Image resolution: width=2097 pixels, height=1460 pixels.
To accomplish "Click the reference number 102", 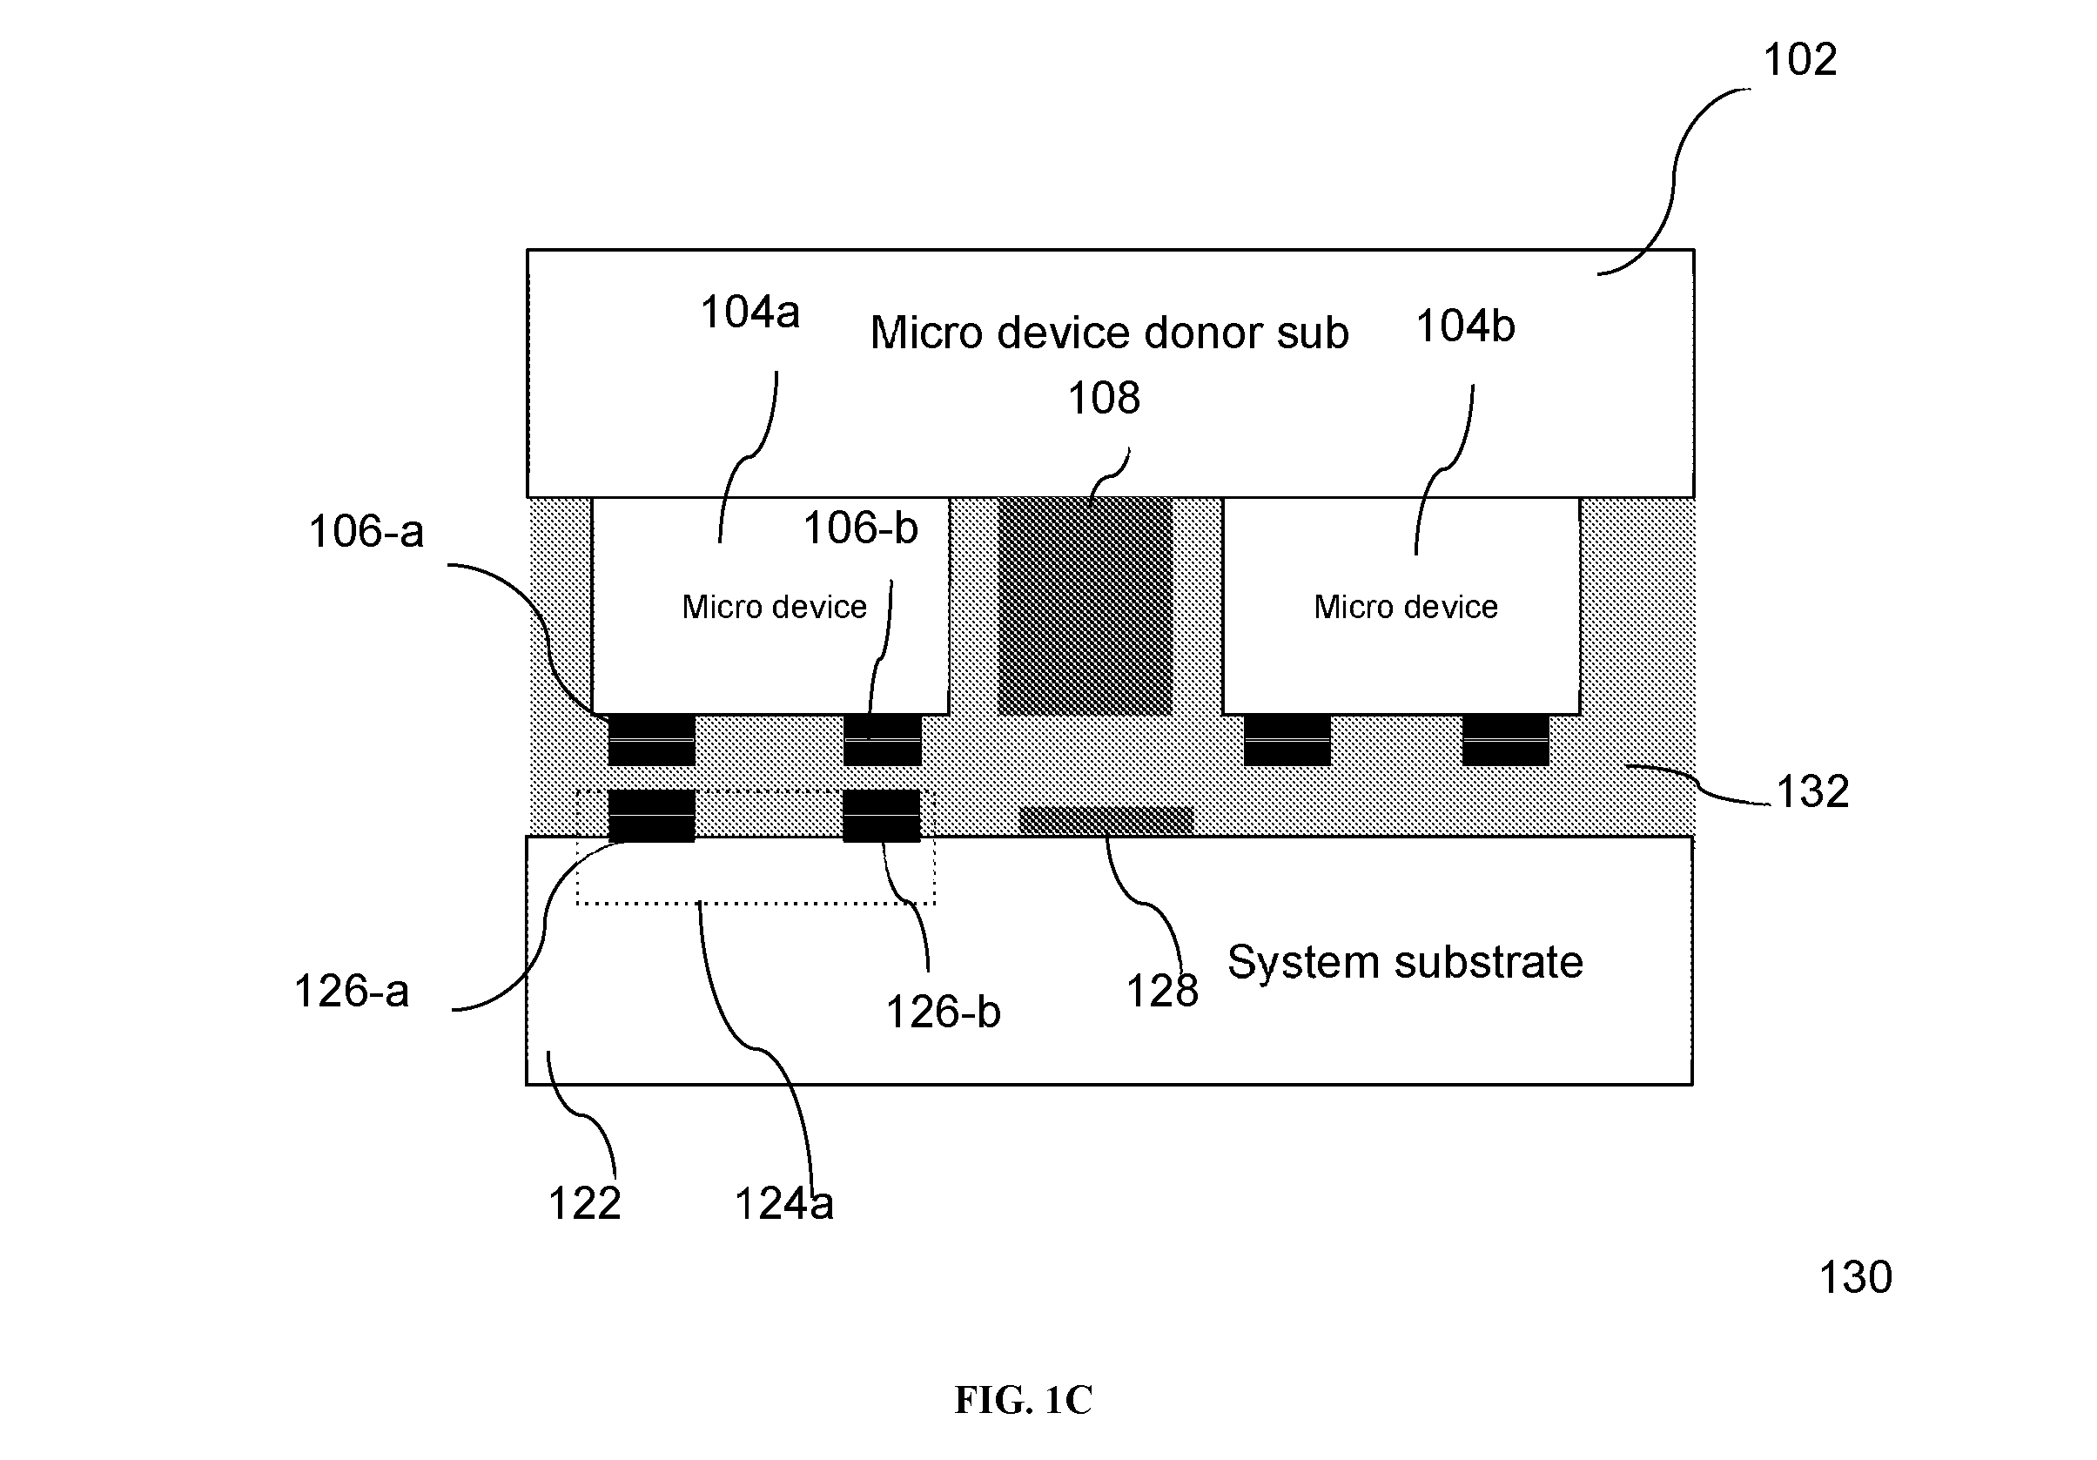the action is [1799, 60].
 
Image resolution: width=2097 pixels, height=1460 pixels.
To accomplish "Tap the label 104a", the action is [749, 313].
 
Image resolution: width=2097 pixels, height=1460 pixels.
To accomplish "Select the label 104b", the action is [1465, 326].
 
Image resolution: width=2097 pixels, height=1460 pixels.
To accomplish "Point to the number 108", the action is [1103, 399].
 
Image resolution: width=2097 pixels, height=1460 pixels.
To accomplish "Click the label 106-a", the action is [366, 532].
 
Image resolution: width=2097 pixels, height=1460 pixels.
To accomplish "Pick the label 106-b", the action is [860, 528].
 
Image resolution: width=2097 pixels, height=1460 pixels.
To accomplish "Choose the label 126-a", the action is [352, 992].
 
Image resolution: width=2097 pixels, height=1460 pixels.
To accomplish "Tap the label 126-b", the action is [944, 1013].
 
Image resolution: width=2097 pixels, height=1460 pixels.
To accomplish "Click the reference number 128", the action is [1162, 991].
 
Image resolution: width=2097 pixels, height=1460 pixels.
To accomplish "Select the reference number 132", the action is [1812, 791].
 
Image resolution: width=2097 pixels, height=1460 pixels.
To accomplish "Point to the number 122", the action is [584, 1203].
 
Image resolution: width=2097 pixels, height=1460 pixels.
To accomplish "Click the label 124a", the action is [783, 1204].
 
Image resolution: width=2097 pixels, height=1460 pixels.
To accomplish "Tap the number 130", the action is [1856, 1277].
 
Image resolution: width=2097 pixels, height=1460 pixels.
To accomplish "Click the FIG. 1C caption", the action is [1023, 1400].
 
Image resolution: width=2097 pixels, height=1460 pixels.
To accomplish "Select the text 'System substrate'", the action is [1405, 962].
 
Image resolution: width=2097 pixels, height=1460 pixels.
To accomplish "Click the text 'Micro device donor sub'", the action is [1109, 333].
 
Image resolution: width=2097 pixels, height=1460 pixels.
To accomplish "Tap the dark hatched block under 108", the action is [1085, 606].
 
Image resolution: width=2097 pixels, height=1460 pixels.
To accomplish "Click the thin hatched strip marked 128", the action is [1106, 820].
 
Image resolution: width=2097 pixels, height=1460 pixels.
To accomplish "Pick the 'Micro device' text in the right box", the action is [1406, 607].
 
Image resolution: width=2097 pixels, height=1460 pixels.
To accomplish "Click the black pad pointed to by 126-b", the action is [881, 815].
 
